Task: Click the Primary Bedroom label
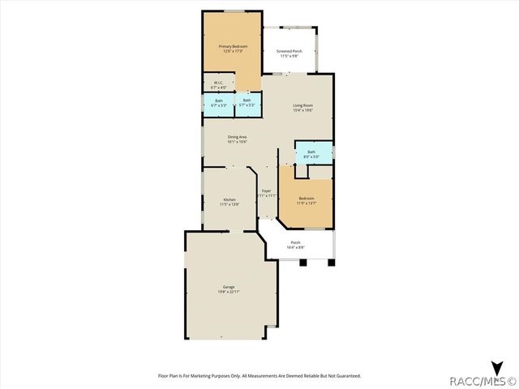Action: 233,46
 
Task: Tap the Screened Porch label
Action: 290,51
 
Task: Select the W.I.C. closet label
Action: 218,82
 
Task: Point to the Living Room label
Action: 304,105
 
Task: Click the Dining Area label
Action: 237,137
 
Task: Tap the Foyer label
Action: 266,190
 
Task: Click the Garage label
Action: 229,286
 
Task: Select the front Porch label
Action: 295,242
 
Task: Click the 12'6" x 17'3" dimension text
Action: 233,51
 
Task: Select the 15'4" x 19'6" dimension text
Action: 304,110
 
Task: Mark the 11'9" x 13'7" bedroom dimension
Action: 306,203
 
